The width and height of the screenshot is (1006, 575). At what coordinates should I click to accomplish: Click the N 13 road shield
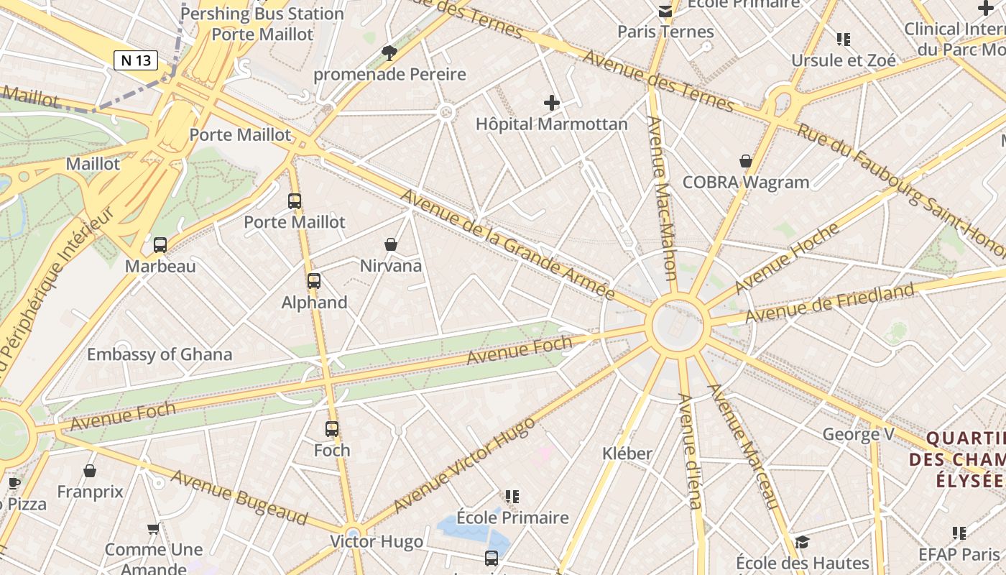tap(136, 60)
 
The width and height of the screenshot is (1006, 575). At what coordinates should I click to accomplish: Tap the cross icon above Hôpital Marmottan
tap(551, 103)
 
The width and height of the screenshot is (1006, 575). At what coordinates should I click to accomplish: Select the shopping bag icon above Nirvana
tap(391, 244)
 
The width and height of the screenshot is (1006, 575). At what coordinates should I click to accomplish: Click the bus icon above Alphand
tap(313, 281)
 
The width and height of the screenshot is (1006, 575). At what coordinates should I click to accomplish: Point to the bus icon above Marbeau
tap(160, 245)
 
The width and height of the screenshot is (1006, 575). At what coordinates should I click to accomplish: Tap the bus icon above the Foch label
tap(331, 429)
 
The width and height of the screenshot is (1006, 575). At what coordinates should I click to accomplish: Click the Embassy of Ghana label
tap(160, 354)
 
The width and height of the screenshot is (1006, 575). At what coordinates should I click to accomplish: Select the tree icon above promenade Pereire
tap(389, 52)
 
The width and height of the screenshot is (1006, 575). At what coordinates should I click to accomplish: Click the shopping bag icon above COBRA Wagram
tap(746, 161)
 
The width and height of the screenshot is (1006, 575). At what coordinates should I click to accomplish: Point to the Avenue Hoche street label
tap(787, 259)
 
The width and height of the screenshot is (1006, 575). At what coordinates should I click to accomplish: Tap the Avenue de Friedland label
tap(830, 303)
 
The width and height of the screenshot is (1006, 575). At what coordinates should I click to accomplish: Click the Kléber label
tap(627, 454)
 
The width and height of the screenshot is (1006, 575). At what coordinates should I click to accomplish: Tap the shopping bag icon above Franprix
tap(90, 471)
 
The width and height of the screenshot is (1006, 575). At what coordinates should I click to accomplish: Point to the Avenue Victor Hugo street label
tap(464, 464)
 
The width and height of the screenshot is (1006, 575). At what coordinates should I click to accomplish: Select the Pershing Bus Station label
tap(262, 14)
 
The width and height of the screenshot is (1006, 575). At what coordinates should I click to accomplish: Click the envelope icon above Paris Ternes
tap(665, 11)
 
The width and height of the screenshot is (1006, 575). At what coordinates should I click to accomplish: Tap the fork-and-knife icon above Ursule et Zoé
tap(843, 40)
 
